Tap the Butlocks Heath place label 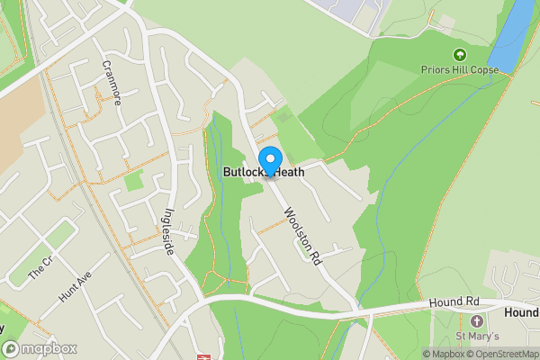pyautogui.click(x=263, y=172)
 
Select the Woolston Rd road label pyautogui.click(x=301, y=236)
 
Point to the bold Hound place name pyautogui.click(x=522, y=312)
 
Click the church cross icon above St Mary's pyautogui.click(x=476, y=321)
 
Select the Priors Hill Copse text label pyautogui.click(x=460, y=68)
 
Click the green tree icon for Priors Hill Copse pyautogui.click(x=460, y=54)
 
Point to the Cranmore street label pyautogui.click(x=112, y=83)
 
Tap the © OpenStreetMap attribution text pyautogui.click(x=506, y=354)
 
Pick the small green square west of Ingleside pyautogui.click(x=134, y=179)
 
